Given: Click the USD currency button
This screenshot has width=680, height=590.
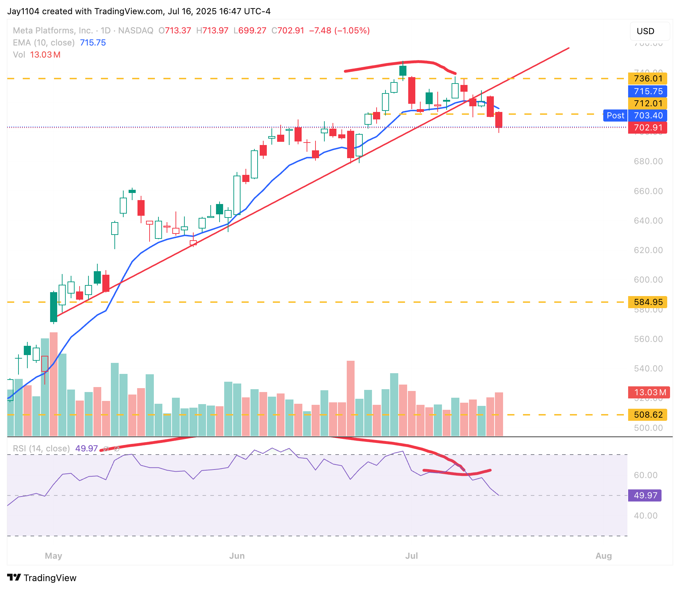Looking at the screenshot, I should (649, 31).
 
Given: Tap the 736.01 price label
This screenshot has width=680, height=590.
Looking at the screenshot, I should (648, 79).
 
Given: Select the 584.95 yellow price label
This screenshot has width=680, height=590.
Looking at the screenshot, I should (648, 302).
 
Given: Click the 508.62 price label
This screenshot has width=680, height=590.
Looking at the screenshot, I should (648, 415).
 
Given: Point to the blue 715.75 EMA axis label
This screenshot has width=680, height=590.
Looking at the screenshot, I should (648, 91).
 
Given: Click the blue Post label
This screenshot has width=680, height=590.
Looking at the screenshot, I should (615, 116).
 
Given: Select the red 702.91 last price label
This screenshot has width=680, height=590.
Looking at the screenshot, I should (648, 128).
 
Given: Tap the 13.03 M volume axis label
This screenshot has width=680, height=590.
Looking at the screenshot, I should (649, 392).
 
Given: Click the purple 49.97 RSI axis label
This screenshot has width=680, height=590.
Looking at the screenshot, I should (645, 495).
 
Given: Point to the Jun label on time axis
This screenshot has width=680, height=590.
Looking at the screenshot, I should (237, 556).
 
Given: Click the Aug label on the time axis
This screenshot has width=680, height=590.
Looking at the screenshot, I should (604, 556).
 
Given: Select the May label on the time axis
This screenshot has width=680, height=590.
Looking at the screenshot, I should (54, 556).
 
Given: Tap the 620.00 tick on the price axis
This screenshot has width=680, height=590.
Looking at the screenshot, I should (648, 250).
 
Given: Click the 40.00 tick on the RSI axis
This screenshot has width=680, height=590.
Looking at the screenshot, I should (646, 516).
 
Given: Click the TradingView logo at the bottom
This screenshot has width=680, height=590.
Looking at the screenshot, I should (42, 578).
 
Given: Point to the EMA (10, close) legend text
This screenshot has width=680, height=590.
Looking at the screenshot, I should (44, 43).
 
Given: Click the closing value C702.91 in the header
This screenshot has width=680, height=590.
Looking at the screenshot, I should (288, 31).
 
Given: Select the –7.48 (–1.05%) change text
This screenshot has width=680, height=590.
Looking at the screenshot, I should (339, 31).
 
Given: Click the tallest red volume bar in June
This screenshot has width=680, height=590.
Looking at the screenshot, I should (351, 398).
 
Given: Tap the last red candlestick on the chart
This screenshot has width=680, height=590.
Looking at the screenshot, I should (499, 120).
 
